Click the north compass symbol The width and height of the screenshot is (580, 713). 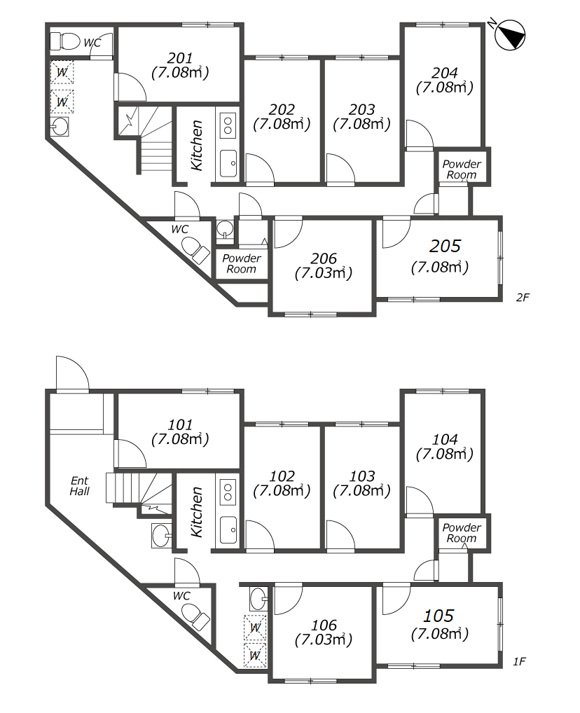point(509,35)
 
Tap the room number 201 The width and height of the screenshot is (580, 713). point(180,57)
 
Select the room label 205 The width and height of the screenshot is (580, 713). point(445,246)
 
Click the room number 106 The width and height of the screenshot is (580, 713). point(324,625)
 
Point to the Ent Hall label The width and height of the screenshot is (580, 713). point(80,485)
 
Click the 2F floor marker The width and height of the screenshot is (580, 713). point(523,297)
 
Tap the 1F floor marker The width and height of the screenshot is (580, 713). point(519,662)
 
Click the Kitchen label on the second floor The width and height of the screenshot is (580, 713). point(197,146)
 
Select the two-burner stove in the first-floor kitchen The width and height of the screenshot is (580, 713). point(228,492)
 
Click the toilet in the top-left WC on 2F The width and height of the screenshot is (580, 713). point(64,41)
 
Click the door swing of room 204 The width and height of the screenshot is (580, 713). point(419,134)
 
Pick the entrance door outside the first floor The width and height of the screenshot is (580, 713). point(72,373)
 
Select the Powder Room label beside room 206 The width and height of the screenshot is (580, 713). point(242,264)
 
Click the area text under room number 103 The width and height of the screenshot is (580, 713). point(361,491)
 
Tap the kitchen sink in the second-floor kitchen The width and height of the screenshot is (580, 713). point(228,162)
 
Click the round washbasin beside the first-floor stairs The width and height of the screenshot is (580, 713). point(160,536)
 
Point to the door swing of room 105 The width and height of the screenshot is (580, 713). point(396,600)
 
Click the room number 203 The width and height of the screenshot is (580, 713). point(361,109)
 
